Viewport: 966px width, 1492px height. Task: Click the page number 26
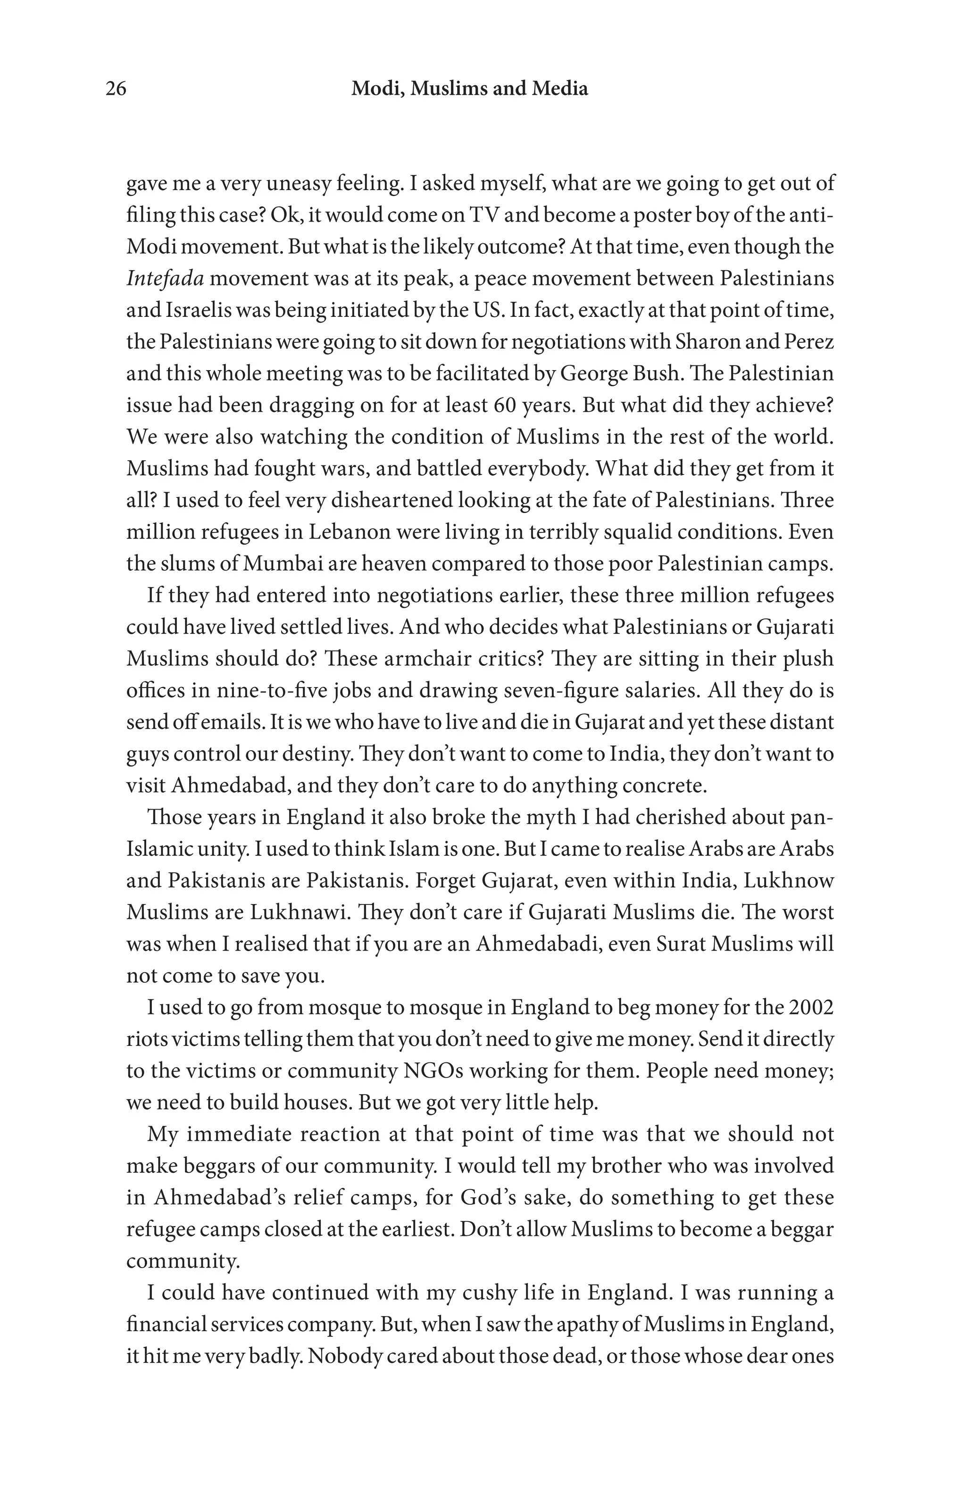point(116,89)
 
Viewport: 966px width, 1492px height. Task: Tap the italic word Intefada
point(166,278)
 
